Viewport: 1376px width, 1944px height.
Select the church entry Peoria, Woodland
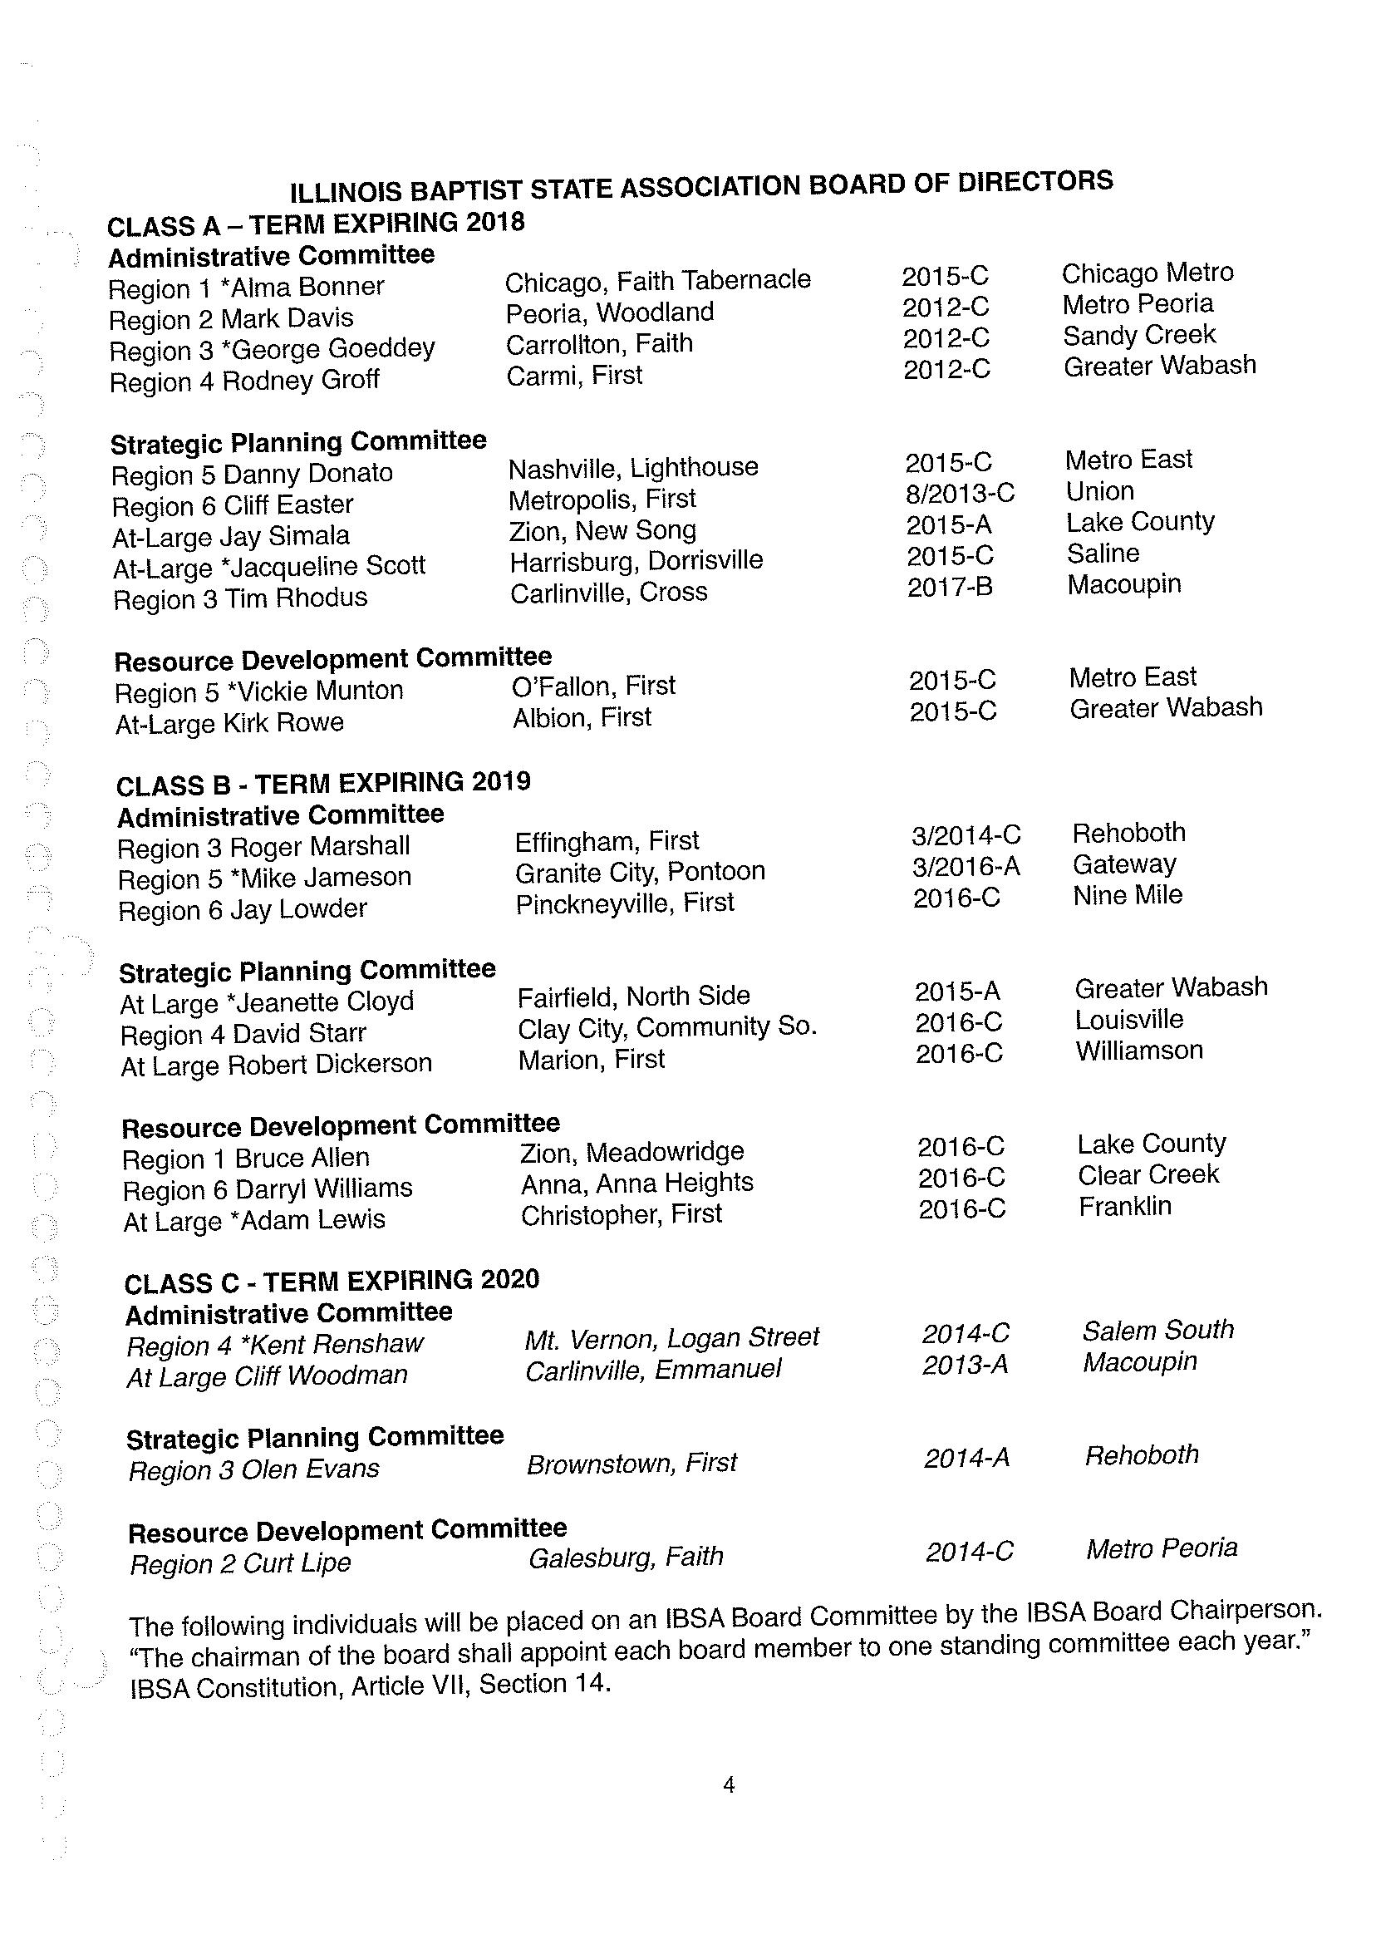tap(609, 313)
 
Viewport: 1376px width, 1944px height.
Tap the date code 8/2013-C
tap(959, 493)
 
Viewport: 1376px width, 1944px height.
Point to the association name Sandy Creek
tap(1138, 336)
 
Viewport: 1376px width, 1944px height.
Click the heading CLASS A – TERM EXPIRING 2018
tap(315, 224)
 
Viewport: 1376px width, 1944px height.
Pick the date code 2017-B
tap(949, 588)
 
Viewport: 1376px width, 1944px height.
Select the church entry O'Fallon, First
tap(593, 686)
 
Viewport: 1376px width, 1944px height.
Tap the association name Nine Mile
tap(1127, 896)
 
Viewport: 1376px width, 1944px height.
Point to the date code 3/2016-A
tap(965, 866)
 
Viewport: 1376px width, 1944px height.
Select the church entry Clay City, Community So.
tap(667, 1027)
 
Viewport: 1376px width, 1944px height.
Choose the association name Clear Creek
tap(1148, 1175)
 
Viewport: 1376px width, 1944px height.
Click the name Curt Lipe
tap(296, 1562)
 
